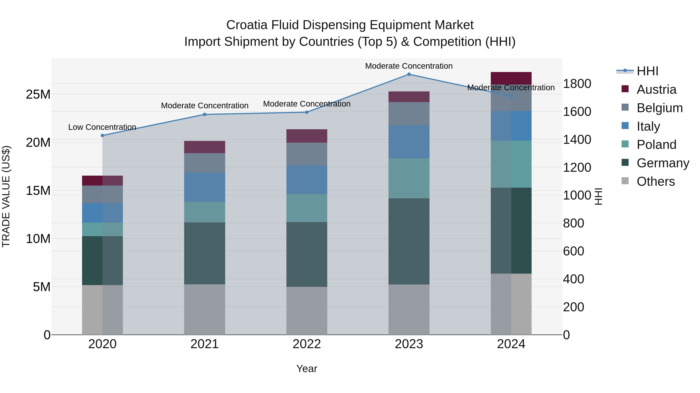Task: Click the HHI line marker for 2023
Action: coord(409,74)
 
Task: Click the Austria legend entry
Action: coord(656,89)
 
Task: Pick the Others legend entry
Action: coord(655,181)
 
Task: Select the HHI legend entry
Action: coord(647,71)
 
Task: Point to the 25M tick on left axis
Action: coord(38,94)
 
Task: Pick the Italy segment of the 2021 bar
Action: coord(204,187)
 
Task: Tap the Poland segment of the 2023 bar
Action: coord(409,178)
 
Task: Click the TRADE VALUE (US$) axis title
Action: coord(6,196)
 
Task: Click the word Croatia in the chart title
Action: coord(247,25)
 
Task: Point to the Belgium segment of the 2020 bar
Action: coord(102,194)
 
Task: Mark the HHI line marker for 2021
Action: coord(205,115)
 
